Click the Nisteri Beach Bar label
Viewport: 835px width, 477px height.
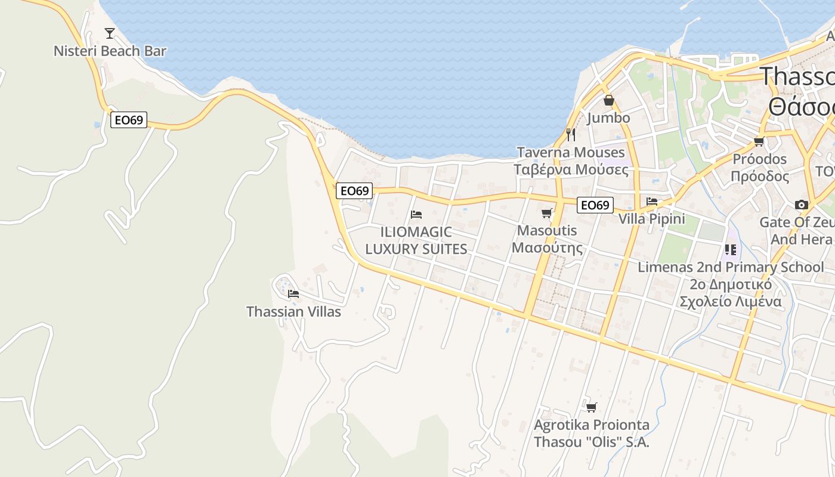point(110,51)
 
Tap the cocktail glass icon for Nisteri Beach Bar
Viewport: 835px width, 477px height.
point(110,33)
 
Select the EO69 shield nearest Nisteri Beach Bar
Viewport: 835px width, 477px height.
point(128,120)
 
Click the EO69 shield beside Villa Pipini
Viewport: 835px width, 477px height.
point(595,205)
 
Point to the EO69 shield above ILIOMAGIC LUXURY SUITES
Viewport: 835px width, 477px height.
point(354,191)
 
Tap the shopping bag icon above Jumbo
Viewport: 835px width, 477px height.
point(608,100)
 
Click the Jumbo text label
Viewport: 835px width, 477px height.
point(608,118)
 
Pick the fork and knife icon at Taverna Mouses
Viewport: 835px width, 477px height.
point(571,134)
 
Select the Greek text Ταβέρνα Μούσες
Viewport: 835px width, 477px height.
point(571,170)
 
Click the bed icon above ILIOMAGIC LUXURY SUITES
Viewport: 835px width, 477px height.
point(416,215)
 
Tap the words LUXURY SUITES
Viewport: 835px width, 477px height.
point(416,249)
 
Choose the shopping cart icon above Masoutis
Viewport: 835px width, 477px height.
point(547,213)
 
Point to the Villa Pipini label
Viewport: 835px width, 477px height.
point(651,219)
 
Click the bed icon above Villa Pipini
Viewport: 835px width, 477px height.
point(652,202)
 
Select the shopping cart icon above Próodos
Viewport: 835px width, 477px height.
point(759,141)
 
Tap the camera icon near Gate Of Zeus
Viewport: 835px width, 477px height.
point(802,205)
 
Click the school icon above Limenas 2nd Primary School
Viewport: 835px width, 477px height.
point(731,249)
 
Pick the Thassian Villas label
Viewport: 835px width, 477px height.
point(293,311)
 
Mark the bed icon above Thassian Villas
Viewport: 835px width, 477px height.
point(293,293)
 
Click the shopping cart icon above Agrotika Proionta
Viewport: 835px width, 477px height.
point(591,407)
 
